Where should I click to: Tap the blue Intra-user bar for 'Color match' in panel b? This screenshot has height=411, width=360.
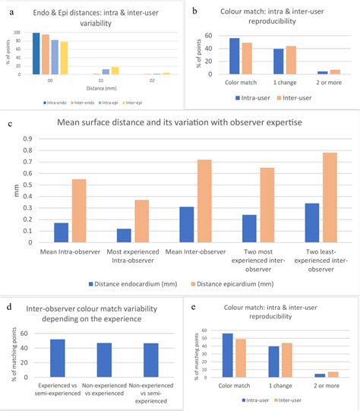(x=234, y=55)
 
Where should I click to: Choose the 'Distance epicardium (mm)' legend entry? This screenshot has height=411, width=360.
(x=221, y=284)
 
